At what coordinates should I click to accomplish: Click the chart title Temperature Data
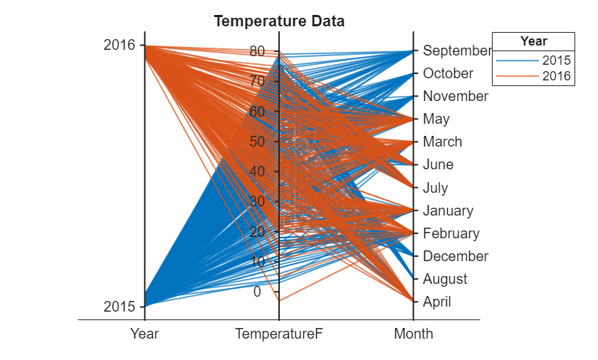279,21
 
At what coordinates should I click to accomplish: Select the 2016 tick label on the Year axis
119,45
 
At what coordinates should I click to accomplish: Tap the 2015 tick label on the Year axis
119,307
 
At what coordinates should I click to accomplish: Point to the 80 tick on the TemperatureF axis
257,51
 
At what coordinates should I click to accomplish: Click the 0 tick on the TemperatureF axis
257,291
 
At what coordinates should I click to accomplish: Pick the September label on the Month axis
457,51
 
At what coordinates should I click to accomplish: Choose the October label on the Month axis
448,73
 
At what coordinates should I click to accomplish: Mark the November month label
456,96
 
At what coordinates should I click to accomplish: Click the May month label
436,119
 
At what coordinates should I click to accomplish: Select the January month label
448,211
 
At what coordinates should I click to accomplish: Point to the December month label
456,256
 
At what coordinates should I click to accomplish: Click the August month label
445,279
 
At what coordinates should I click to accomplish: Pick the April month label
437,302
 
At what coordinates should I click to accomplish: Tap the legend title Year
534,41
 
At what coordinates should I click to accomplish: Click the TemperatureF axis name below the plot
279,334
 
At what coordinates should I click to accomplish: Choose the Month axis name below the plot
414,334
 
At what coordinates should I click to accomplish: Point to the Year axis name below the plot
145,334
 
